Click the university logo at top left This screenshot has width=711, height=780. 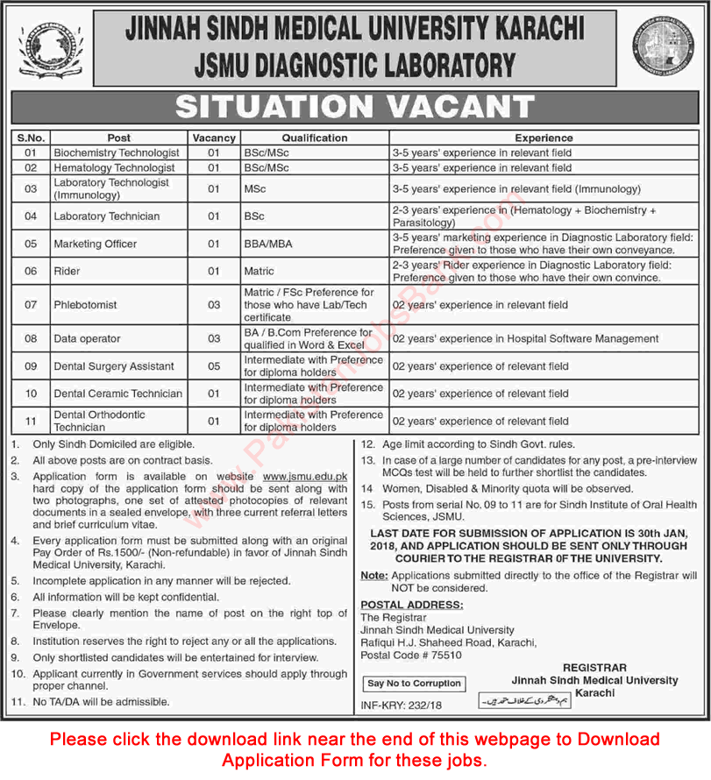point(48,48)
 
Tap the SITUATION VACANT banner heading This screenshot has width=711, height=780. point(355,108)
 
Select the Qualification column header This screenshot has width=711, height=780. point(315,138)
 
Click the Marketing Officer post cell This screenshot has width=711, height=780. point(96,244)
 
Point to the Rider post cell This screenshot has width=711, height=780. point(67,271)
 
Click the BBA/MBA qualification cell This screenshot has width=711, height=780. point(267,244)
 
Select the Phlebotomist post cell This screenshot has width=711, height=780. point(85,305)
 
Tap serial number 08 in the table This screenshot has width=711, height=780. point(31,338)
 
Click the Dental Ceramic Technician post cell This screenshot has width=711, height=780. point(117,394)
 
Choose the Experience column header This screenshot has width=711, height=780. point(544,138)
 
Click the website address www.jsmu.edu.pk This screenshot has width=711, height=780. point(306,475)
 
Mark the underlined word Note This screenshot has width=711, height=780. point(373,575)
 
